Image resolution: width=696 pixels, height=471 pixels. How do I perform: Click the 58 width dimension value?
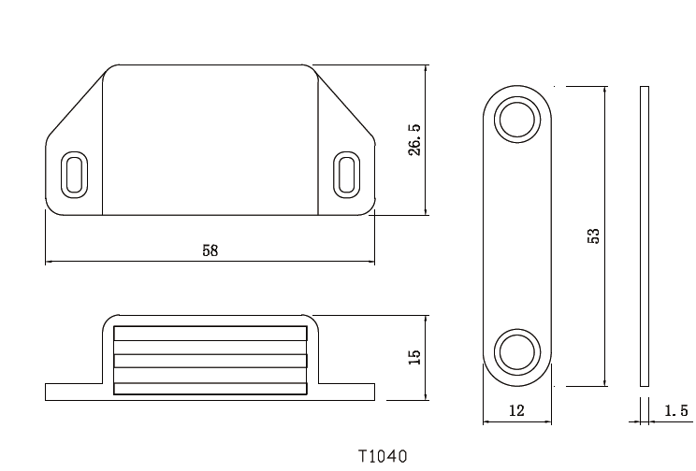[x=210, y=250]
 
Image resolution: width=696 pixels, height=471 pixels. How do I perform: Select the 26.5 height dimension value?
[x=415, y=139]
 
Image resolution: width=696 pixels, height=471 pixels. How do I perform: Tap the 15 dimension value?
[x=415, y=356]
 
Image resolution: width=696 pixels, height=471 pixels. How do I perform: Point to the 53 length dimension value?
[x=593, y=235]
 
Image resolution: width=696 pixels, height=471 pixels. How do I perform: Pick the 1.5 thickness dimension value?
[x=675, y=411]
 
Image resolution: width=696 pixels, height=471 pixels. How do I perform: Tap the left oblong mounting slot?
[x=73, y=174]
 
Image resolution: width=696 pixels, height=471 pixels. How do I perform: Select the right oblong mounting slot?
[x=346, y=174]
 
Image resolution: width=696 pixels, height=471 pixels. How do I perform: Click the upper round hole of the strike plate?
[x=516, y=120]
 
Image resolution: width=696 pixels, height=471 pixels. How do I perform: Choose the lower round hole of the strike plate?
[x=516, y=351]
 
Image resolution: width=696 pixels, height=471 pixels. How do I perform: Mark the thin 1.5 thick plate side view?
[x=644, y=235]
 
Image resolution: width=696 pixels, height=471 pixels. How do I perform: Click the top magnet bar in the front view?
[x=210, y=334]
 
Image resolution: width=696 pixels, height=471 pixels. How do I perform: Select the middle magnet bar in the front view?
[x=210, y=361]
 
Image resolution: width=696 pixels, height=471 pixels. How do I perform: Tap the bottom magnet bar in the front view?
[x=210, y=388]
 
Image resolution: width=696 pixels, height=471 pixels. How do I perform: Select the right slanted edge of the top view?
[x=346, y=103]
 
